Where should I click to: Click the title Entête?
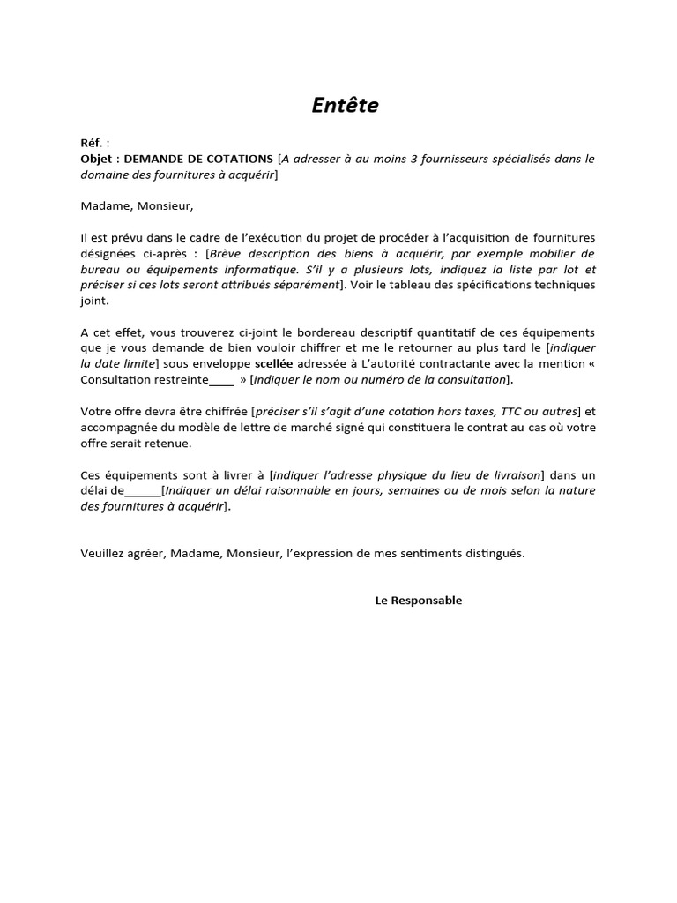pyautogui.click(x=345, y=105)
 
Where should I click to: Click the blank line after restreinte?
pyautogui.click(x=222, y=380)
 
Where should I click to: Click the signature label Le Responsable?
pyautogui.click(x=418, y=601)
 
